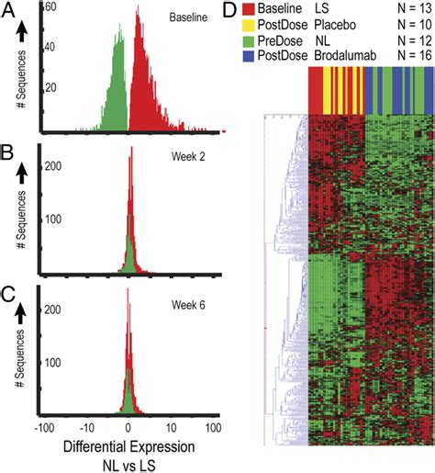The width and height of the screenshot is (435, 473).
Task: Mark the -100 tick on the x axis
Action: pos(40,427)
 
